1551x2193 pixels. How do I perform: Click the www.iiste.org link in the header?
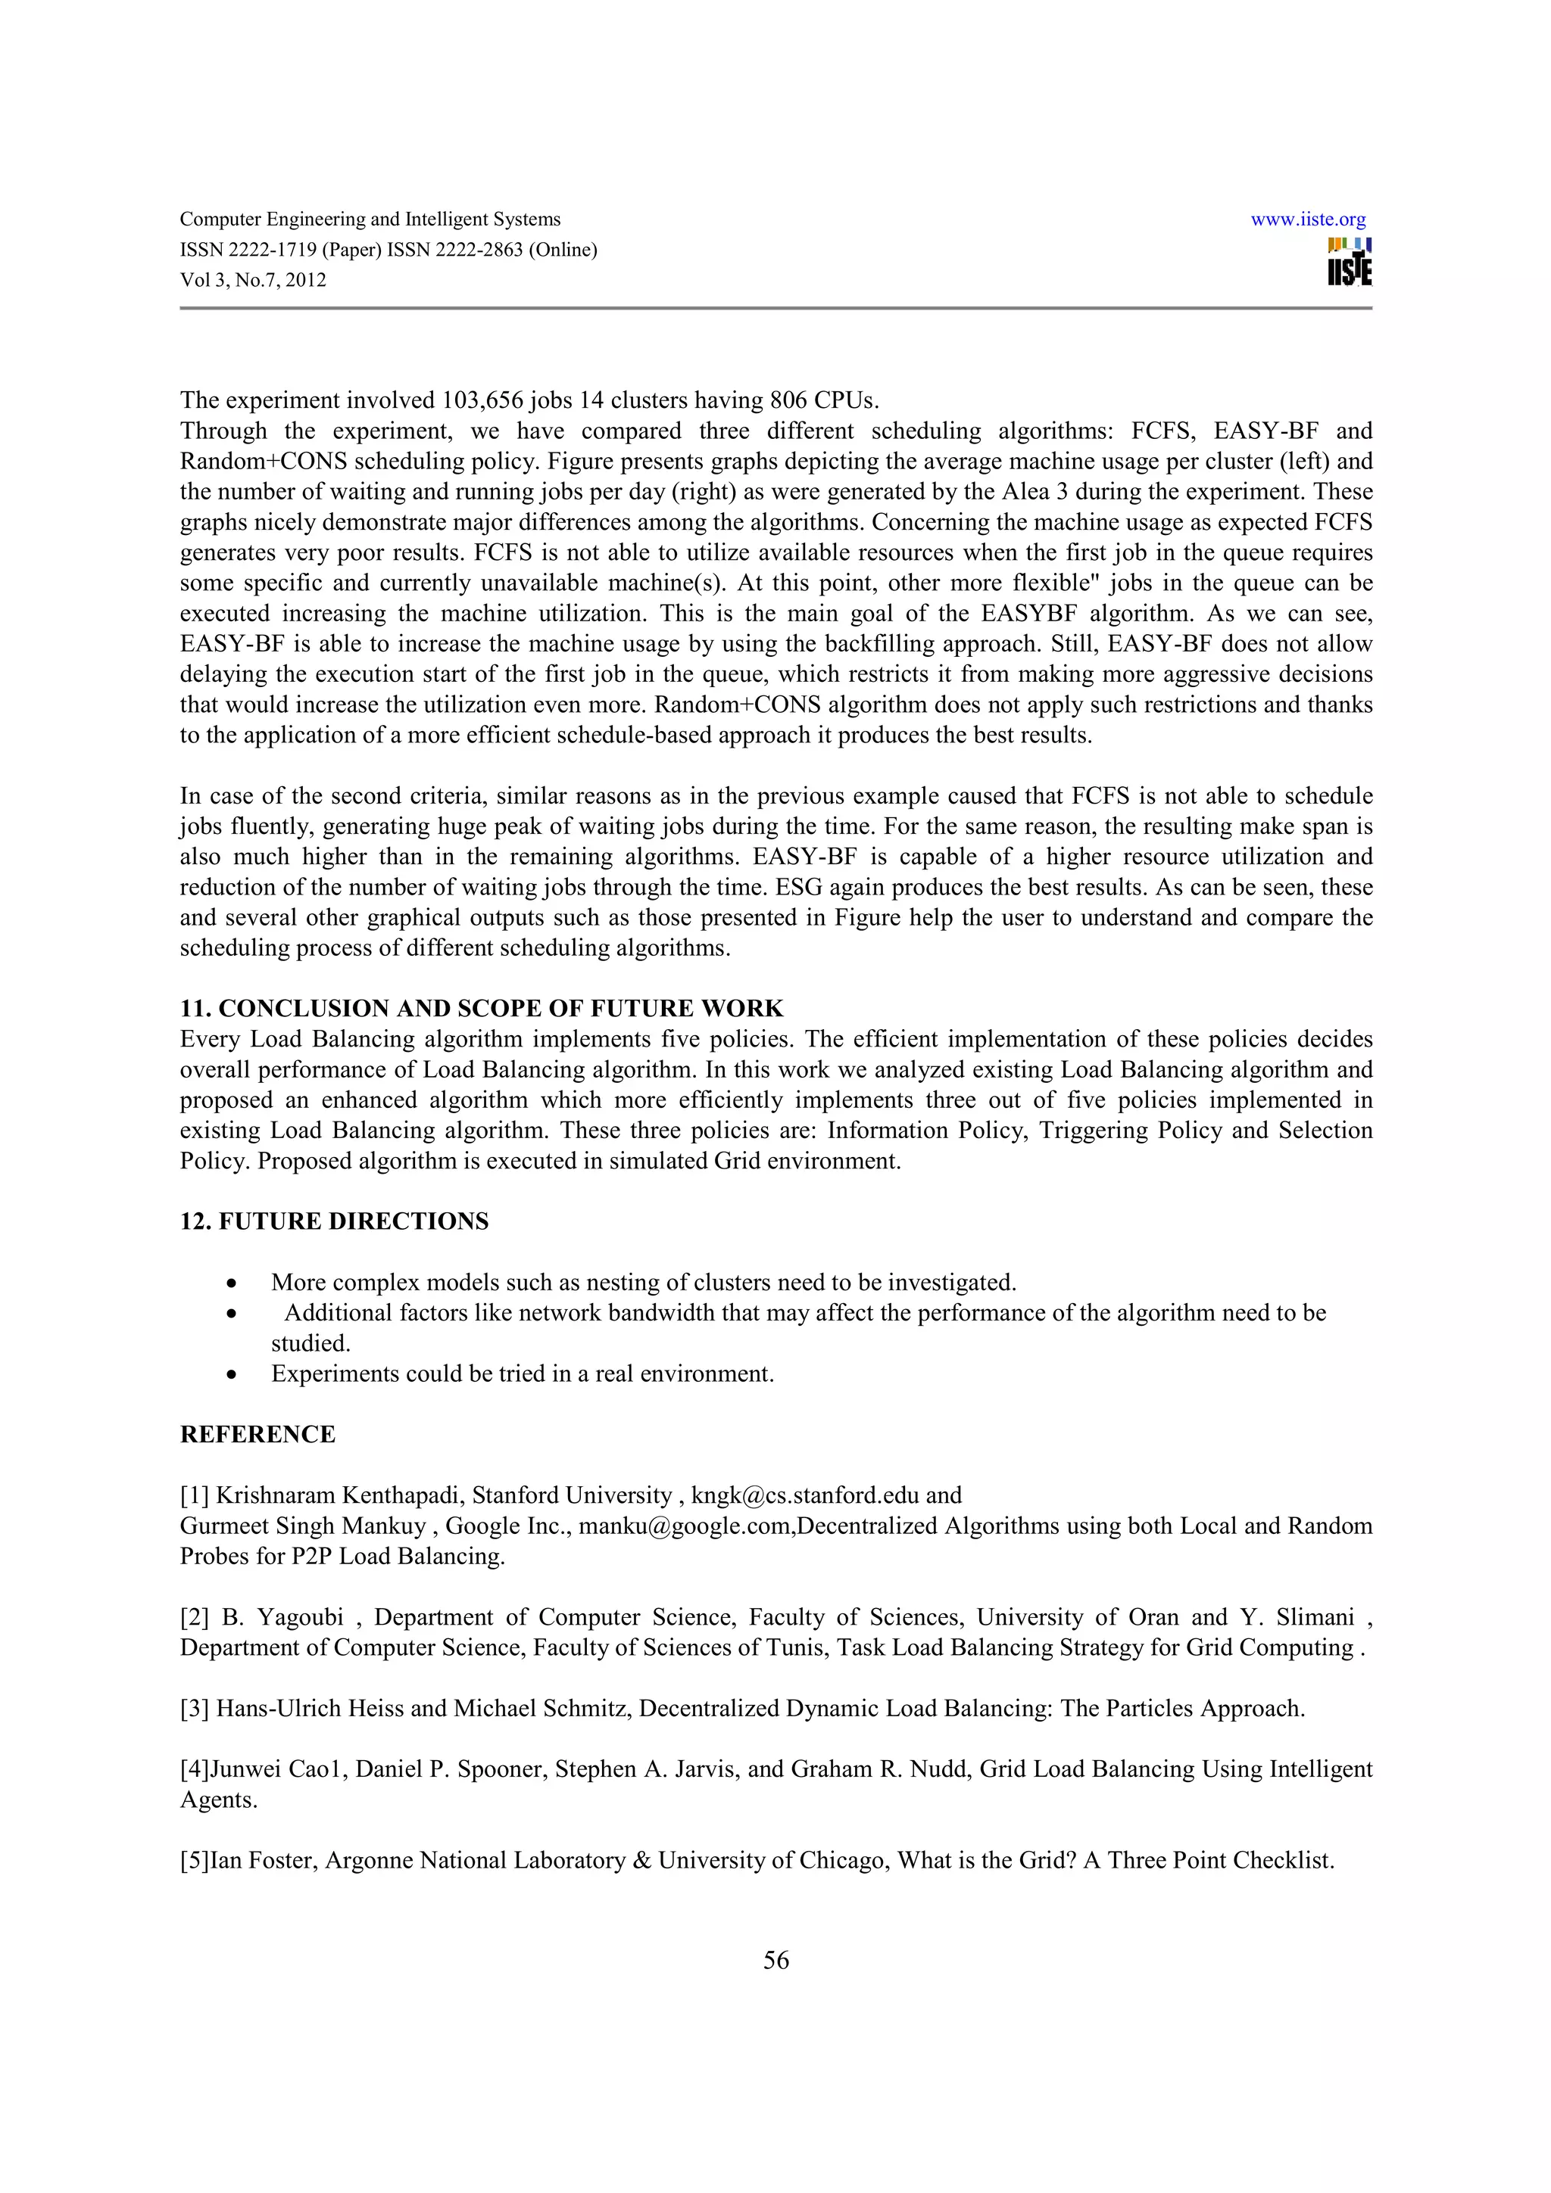[x=1307, y=219]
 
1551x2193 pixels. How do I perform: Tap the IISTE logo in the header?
[x=1348, y=262]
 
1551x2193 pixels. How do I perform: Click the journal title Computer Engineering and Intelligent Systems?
[x=370, y=219]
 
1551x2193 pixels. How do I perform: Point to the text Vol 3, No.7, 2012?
[x=253, y=280]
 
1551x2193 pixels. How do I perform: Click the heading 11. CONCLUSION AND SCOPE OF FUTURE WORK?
[x=482, y=1009]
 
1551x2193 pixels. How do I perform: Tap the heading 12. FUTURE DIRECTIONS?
[x=335, y=1221]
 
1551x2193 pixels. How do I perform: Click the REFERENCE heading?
[x=258, y=1435]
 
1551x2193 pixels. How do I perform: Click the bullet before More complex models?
[x=231, y=1283]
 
